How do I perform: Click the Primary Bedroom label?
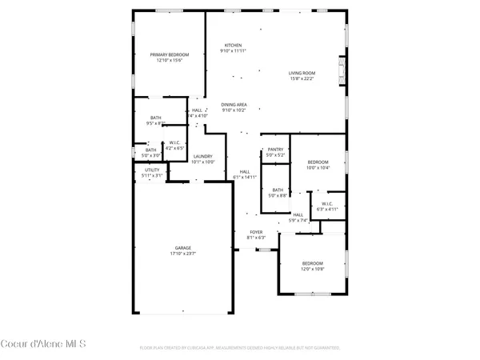coord(169,54)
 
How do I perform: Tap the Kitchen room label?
coord(233,45)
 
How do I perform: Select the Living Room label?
coord(302,73)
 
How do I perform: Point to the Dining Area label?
coord(234,105)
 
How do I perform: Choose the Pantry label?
coord(276,150)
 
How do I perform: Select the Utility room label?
coord(152,170)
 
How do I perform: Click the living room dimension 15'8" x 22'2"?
coord(302,78)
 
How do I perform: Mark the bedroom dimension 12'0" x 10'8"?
coord(312,269)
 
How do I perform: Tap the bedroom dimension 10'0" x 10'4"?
coord(318,168)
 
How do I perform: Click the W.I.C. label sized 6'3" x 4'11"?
coord(327,209)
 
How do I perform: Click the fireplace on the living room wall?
coord(342,70)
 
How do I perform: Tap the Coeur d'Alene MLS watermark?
coord(43,344)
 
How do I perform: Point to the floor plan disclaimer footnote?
coord(239,349)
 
